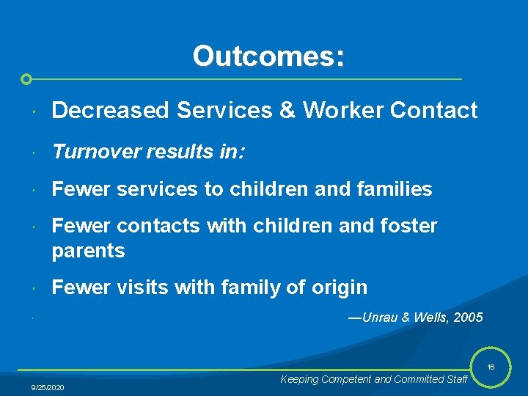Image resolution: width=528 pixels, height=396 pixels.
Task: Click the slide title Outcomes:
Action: tap(268, 56)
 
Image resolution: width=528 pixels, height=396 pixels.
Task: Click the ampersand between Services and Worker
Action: tap(286, 110)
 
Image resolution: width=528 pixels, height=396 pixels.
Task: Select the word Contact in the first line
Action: tap(433, 110)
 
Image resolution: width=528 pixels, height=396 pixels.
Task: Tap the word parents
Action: tap(88, 251)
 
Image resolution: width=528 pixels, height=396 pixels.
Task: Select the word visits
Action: tap(137, 287)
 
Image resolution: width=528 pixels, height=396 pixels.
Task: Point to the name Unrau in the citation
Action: tap(379, 318)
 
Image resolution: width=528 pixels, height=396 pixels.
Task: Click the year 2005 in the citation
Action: tap(469, 318)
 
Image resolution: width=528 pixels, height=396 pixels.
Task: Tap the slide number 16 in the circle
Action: tap(491, 367)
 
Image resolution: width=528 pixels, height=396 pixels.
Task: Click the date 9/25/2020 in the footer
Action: tap(48, 386)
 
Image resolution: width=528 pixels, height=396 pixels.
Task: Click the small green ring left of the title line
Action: tap(26, 78)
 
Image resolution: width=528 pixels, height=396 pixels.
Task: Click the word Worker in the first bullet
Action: tap(343, 110)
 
